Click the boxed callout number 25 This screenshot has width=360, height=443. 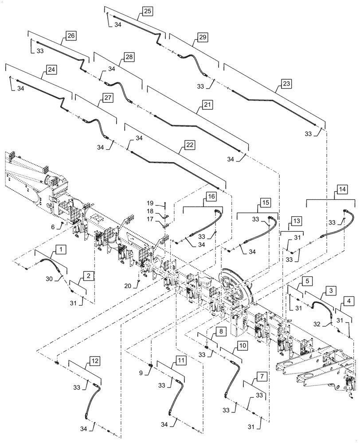(147, 11)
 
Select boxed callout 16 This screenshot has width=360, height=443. (211, 196)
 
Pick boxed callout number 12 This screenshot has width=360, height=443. (94, 361)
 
